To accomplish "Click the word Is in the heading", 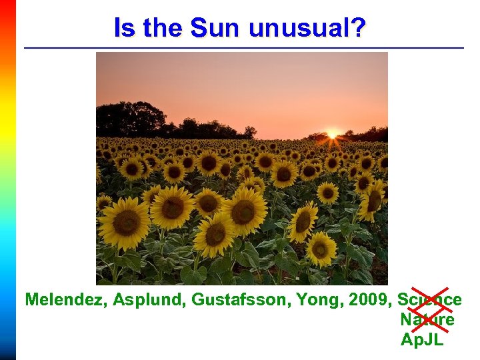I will (x=123, y=28).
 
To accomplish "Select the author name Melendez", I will (x=65, y=300).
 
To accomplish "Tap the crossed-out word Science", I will (x=429, y=300).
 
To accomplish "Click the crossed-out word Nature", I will (x=427, y=319).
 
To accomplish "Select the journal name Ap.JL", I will (x=422, y=339).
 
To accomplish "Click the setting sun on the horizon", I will (x=332, y=134).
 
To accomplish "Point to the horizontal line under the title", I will (x=243, y=48).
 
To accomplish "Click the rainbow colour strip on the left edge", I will (x=7, y=180).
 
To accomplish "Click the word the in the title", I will (x=163, y=28).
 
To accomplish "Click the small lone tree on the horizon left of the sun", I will (x=250, y=131).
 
